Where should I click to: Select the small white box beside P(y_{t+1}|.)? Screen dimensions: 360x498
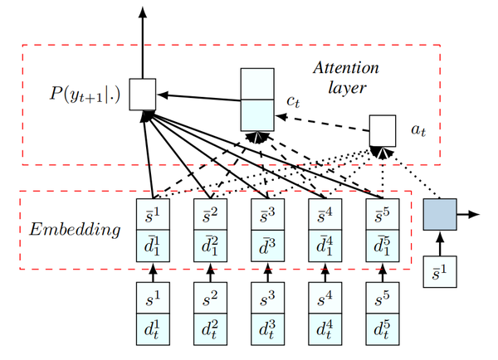click(x=142, y=95)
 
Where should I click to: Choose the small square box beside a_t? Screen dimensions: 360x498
click(x=383, y=129)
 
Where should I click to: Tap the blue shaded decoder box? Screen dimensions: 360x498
click(x=439, y=215)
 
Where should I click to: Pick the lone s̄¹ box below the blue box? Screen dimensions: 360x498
click(x=439, y=271)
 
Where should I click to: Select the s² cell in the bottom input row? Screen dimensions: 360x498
click(x=210, y=297)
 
